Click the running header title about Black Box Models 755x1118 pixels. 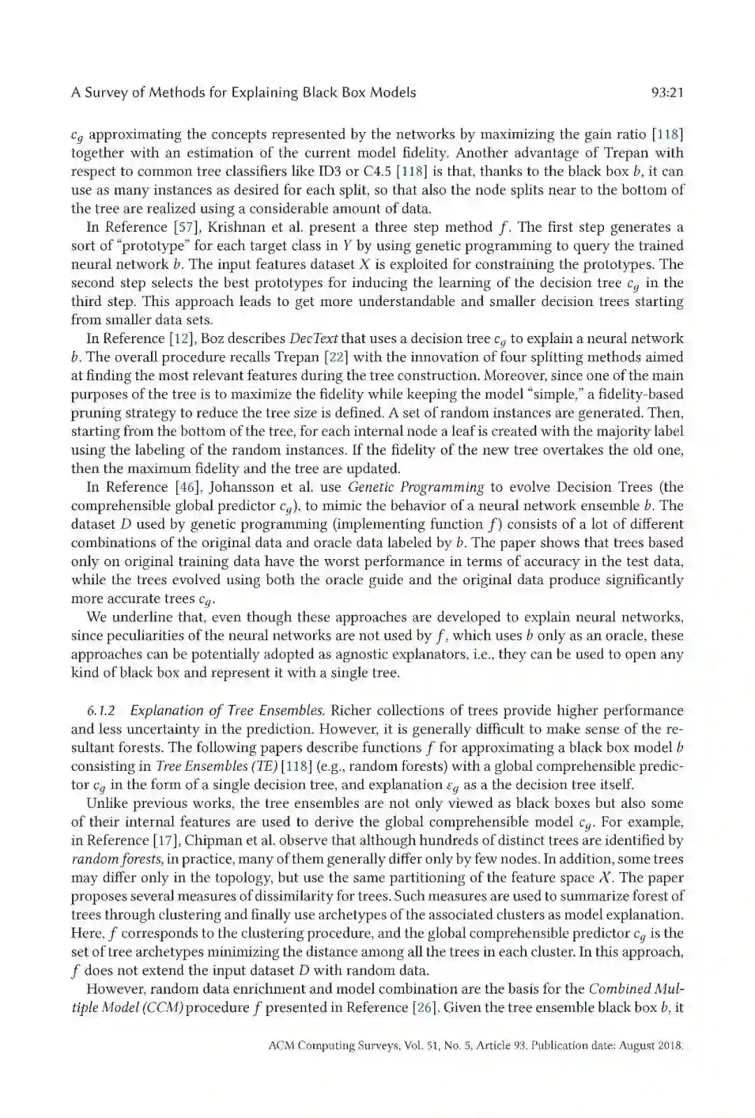click(243, 92)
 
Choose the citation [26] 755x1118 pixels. click(423, 1008)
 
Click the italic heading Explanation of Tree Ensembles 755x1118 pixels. click(228, 711)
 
